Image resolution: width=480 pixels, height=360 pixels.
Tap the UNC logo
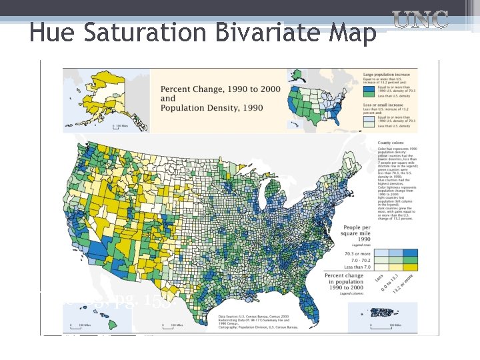coord(420,21)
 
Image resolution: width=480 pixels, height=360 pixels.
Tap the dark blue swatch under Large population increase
coord(369,87)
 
